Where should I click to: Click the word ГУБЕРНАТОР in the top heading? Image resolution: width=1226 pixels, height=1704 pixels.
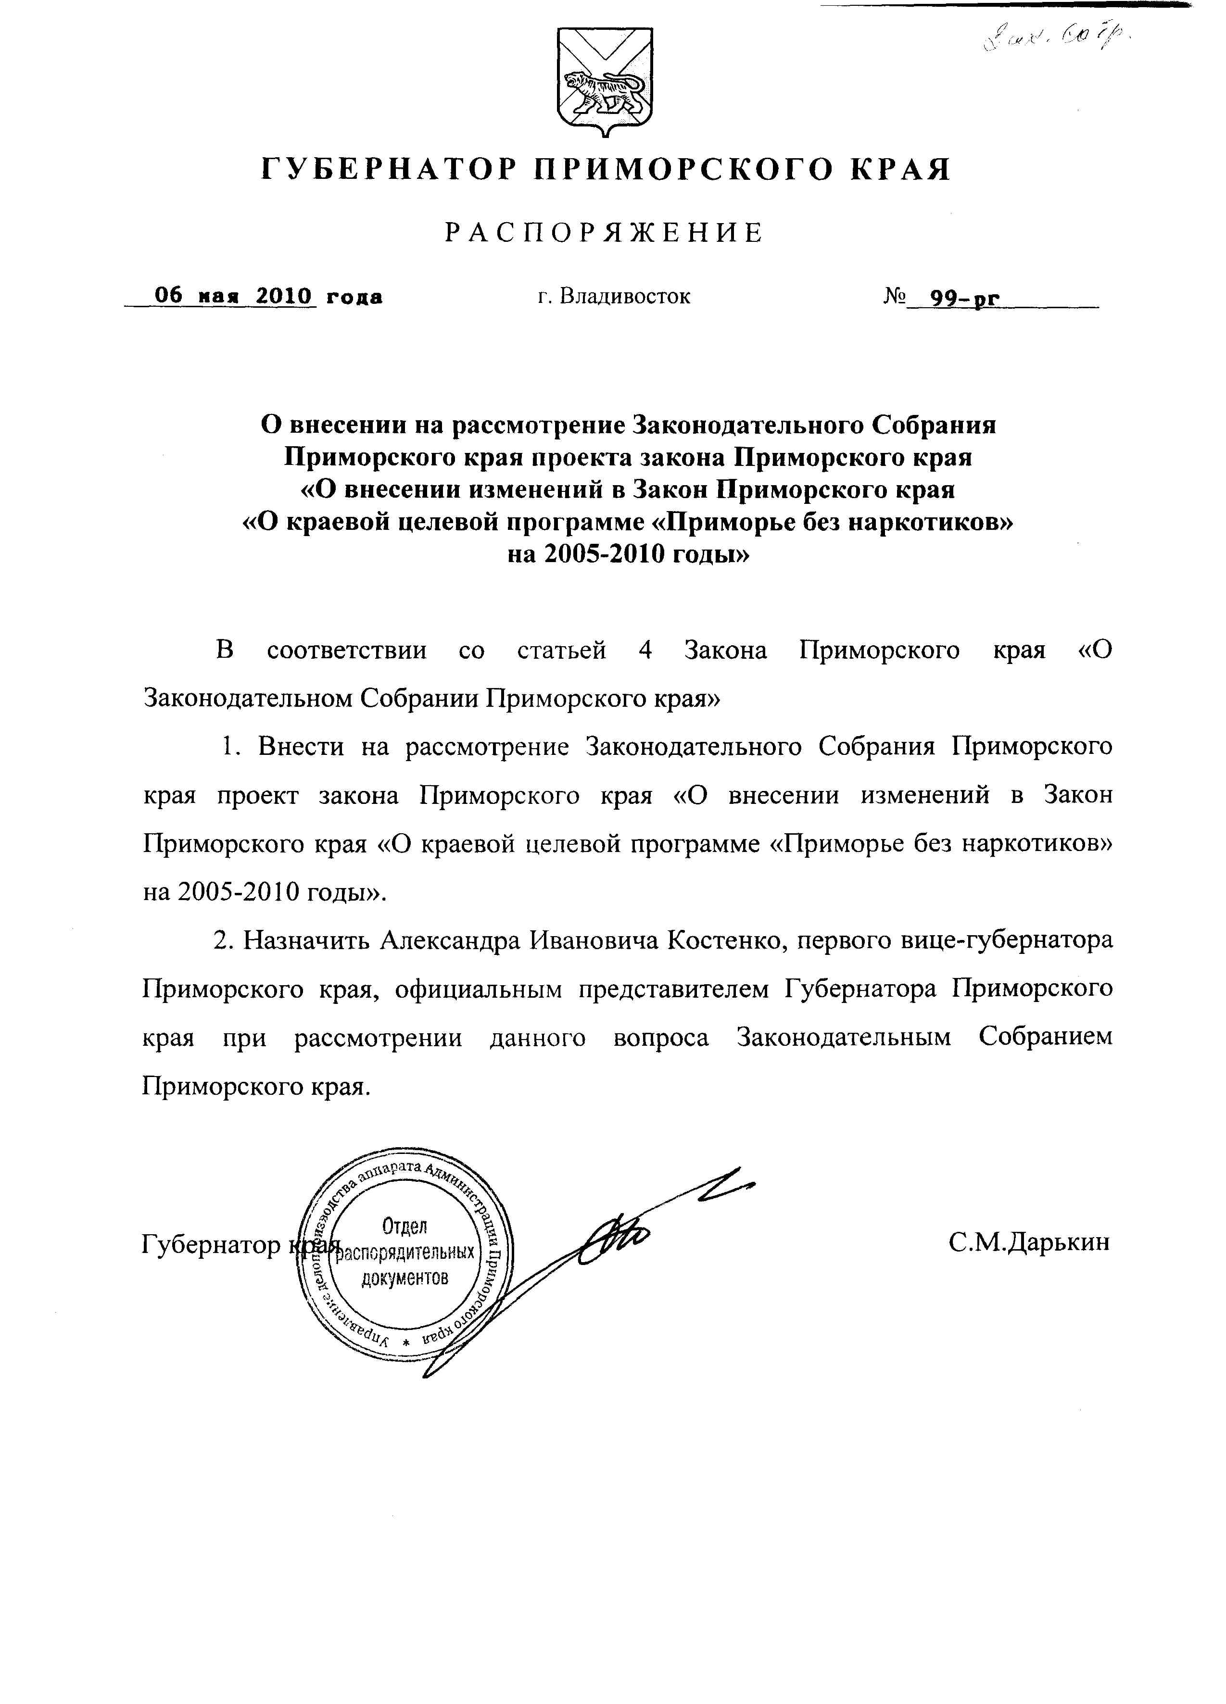(x=388, y=169)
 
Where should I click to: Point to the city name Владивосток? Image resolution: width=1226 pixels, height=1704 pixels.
(x=624, y=297)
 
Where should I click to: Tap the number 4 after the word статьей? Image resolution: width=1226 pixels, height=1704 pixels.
(x=644, y=650)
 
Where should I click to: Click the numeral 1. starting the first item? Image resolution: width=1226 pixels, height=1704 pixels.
(x=230, y=747)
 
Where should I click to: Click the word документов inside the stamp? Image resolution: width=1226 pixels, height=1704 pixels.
(x=404, y=1277)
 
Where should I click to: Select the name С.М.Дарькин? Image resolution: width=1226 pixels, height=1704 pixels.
(x=1028, y=1243)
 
